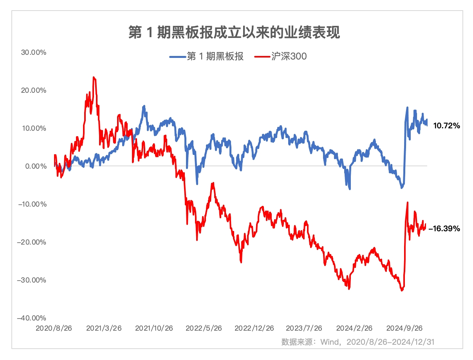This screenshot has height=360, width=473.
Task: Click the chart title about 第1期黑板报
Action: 234,32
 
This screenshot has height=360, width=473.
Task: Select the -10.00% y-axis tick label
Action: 32,204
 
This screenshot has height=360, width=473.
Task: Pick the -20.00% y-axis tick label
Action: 32,242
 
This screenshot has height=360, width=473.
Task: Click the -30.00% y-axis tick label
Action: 32,280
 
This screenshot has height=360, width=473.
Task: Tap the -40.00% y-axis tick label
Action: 32,318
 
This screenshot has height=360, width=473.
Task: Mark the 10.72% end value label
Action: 446,126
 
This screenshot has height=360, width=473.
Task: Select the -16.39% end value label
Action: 444,229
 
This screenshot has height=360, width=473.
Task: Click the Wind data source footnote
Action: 358,342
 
